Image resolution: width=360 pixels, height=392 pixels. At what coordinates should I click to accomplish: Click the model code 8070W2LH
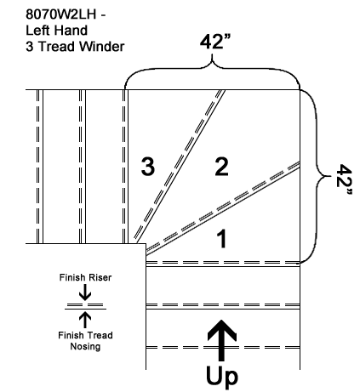click(61, 14)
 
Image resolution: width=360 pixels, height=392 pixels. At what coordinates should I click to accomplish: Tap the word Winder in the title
click(101, 46)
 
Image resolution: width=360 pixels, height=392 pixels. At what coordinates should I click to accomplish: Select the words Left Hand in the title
click(56, 30)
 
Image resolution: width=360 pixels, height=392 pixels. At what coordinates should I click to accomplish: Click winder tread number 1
click(221, 239)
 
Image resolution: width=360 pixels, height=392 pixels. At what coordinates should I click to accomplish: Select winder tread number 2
click(221, 167)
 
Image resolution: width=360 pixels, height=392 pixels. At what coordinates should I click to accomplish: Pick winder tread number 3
click(148, 167)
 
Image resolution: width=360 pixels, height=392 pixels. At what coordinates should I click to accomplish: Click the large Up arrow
click(221, 340)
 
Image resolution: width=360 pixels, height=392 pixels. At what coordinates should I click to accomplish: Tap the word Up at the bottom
click(222, 376)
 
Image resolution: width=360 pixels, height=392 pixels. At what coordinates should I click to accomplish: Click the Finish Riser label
click(85, 277)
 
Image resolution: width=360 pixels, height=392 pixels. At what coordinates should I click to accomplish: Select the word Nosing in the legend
click(85, 346)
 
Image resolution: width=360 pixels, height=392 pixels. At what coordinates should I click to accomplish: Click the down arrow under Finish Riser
click(85, 292)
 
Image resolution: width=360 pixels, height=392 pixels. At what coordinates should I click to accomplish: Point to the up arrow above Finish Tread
click(85, 320)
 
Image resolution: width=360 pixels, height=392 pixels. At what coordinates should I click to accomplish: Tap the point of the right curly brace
click(330, 176)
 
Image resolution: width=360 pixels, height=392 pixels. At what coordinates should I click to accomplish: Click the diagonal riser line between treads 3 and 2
click(180, 167)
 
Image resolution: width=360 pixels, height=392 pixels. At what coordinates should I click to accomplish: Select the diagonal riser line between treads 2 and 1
click(223, 208)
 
